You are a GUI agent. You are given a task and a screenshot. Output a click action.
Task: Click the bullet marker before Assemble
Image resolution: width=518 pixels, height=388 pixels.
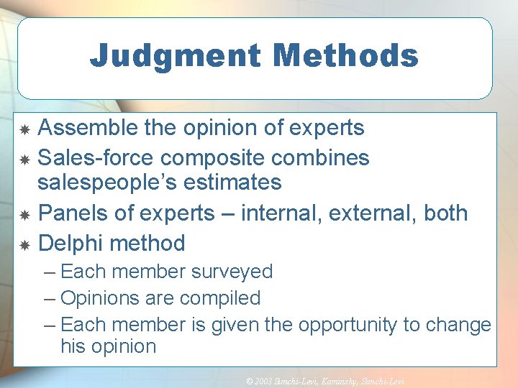[x=24, y=130]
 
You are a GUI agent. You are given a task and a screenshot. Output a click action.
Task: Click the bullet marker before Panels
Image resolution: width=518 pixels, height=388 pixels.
[x=24, y=216]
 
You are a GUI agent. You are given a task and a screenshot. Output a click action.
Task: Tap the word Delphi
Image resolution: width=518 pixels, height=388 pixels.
[x=69, y=243]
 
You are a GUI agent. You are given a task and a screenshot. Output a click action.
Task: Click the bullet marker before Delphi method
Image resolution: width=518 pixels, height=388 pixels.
[x=24, y=246]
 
